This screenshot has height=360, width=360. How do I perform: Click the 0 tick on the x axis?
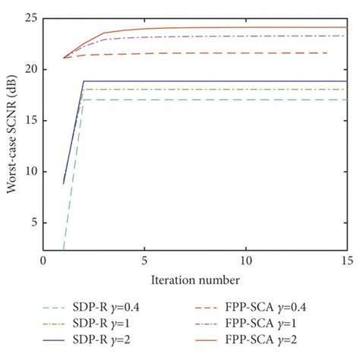pyautogui.click(x=43, y=261)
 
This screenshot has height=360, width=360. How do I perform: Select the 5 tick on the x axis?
pyautogui.click(x=144, y=261)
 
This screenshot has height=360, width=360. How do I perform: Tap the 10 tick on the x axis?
pyautogui.click(x=245, y=261)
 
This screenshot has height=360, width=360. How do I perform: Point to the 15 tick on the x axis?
pyautogui.click(x=346, y=261)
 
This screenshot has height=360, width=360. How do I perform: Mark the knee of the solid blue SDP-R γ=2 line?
pyautogui.click(x=84, y=81)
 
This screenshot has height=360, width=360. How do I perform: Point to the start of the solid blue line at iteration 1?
pyautogui.click(x=64, y=183)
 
